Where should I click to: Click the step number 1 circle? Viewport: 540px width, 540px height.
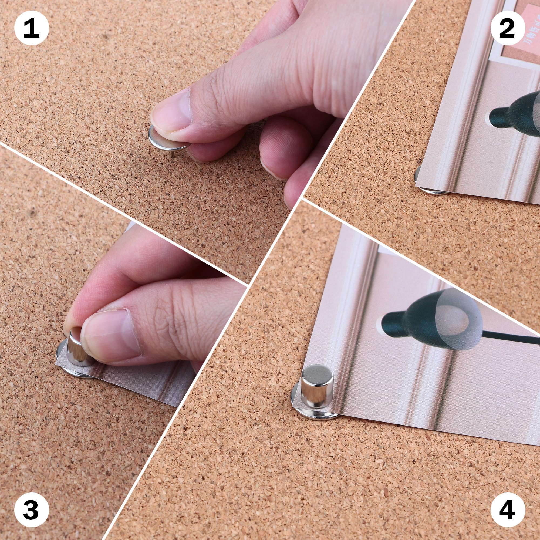31,28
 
